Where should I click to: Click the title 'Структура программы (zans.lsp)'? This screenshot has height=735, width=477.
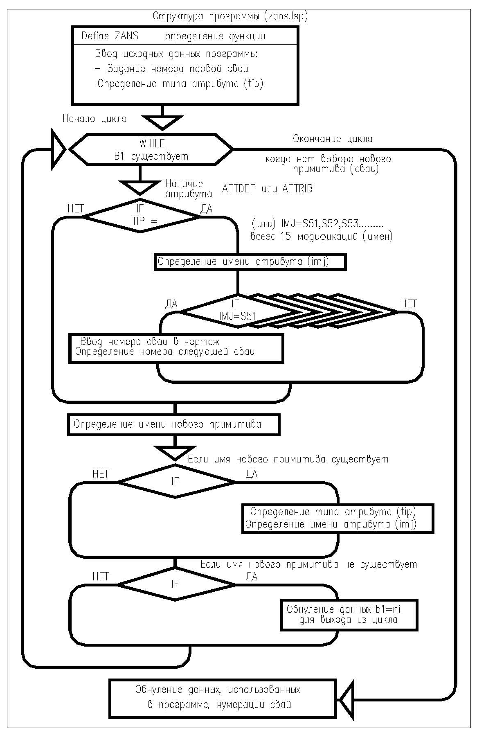(230, 16)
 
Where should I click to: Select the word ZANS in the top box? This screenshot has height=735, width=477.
(126, 36)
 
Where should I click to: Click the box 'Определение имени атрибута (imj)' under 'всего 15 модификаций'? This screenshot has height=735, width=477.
(250, 262)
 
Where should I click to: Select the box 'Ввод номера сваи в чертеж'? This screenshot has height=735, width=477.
(176, 348)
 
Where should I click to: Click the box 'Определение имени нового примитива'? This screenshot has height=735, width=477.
(174, 425)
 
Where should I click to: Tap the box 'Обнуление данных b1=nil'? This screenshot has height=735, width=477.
(349, 615)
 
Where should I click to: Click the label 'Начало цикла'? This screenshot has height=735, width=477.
(94, 119)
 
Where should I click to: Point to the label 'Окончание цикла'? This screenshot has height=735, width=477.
(333, 139)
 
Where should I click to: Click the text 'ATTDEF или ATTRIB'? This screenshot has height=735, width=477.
(267, 189)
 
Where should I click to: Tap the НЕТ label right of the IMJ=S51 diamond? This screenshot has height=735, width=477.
(408, 303)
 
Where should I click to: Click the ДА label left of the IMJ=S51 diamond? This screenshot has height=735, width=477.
(171, 304)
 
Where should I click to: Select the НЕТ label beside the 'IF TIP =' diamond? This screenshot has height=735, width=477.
(75, 209)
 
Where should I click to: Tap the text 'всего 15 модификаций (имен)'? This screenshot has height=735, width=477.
(321, 237)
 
